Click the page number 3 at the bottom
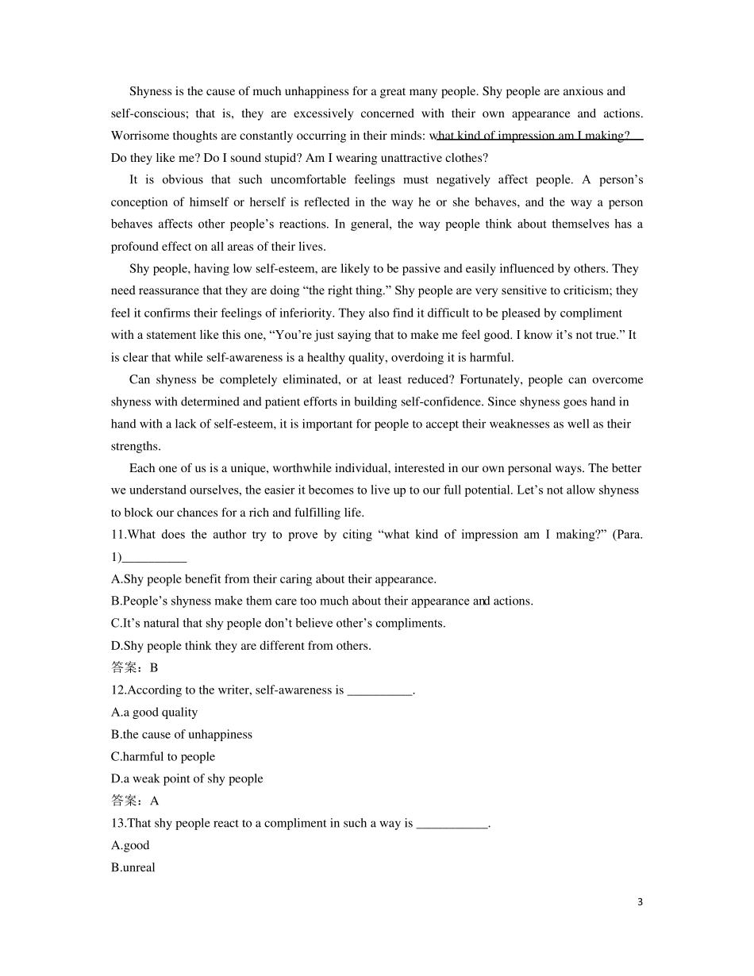(x=640, y=902)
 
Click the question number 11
(x=118, y=535)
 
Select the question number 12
(x=118, y=690)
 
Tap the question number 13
(x=118, y=824)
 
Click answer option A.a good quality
(x=155, y=713)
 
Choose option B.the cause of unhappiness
(x=182, y=735)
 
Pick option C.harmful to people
(x=163, y=757)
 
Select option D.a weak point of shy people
(x=187, y=779)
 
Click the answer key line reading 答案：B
(x=134, y=668)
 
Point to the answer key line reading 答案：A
(x=134, y=801)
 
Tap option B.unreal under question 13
(x=133, y=868)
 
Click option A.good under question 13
(x=130, y=846)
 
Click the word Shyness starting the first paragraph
(x=150, y=91)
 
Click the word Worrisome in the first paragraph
(x=138, y=136)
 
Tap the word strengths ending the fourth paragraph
(x=135, y=447)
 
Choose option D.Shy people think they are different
(x=241, y=646)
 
